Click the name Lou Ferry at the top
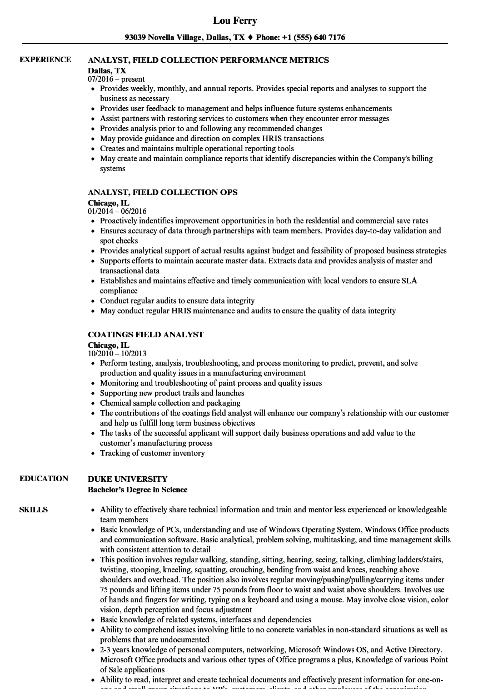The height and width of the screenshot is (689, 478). pyautogui.click(x=235, y=21)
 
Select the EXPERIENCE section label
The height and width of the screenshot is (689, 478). pyautogui.click(x=45, y=59)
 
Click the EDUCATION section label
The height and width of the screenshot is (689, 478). pyautogui.click(x=44, y=478)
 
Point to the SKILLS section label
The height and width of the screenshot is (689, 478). pyautogui.click(x=33, y=510)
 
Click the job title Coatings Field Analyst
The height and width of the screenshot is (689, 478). pyautogui.click(x=146, y=334)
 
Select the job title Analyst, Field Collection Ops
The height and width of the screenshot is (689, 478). pyautogui.click(x=162, y=192)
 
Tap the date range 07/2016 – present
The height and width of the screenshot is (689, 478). pyautogui.click(x=116, y=79)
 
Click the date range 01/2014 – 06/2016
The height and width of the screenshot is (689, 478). pyautogui.click(x=117, y=212)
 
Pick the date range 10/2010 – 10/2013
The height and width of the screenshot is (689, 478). pyautogui.click(x=117, y=354)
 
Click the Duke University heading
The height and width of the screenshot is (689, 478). pyautogui.click(x=127, y=479)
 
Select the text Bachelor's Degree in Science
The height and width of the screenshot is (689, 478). pyautogui.click(x=137, y=490)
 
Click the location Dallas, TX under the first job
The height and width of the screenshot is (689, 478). pyautogui.click(x=107, y=71)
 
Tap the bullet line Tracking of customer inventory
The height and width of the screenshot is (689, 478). pyautogui.click(x=152, y=453)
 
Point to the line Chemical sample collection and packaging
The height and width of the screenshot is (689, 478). pyautogui.click(x=170, y=403)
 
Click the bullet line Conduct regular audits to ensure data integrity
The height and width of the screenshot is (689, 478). pyautogui.click(x=177, y=301)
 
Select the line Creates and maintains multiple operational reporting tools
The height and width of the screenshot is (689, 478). pyautogui.click(x=197, y=148)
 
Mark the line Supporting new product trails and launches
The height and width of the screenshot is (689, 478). pyautogui.click(x=172, y=393)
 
